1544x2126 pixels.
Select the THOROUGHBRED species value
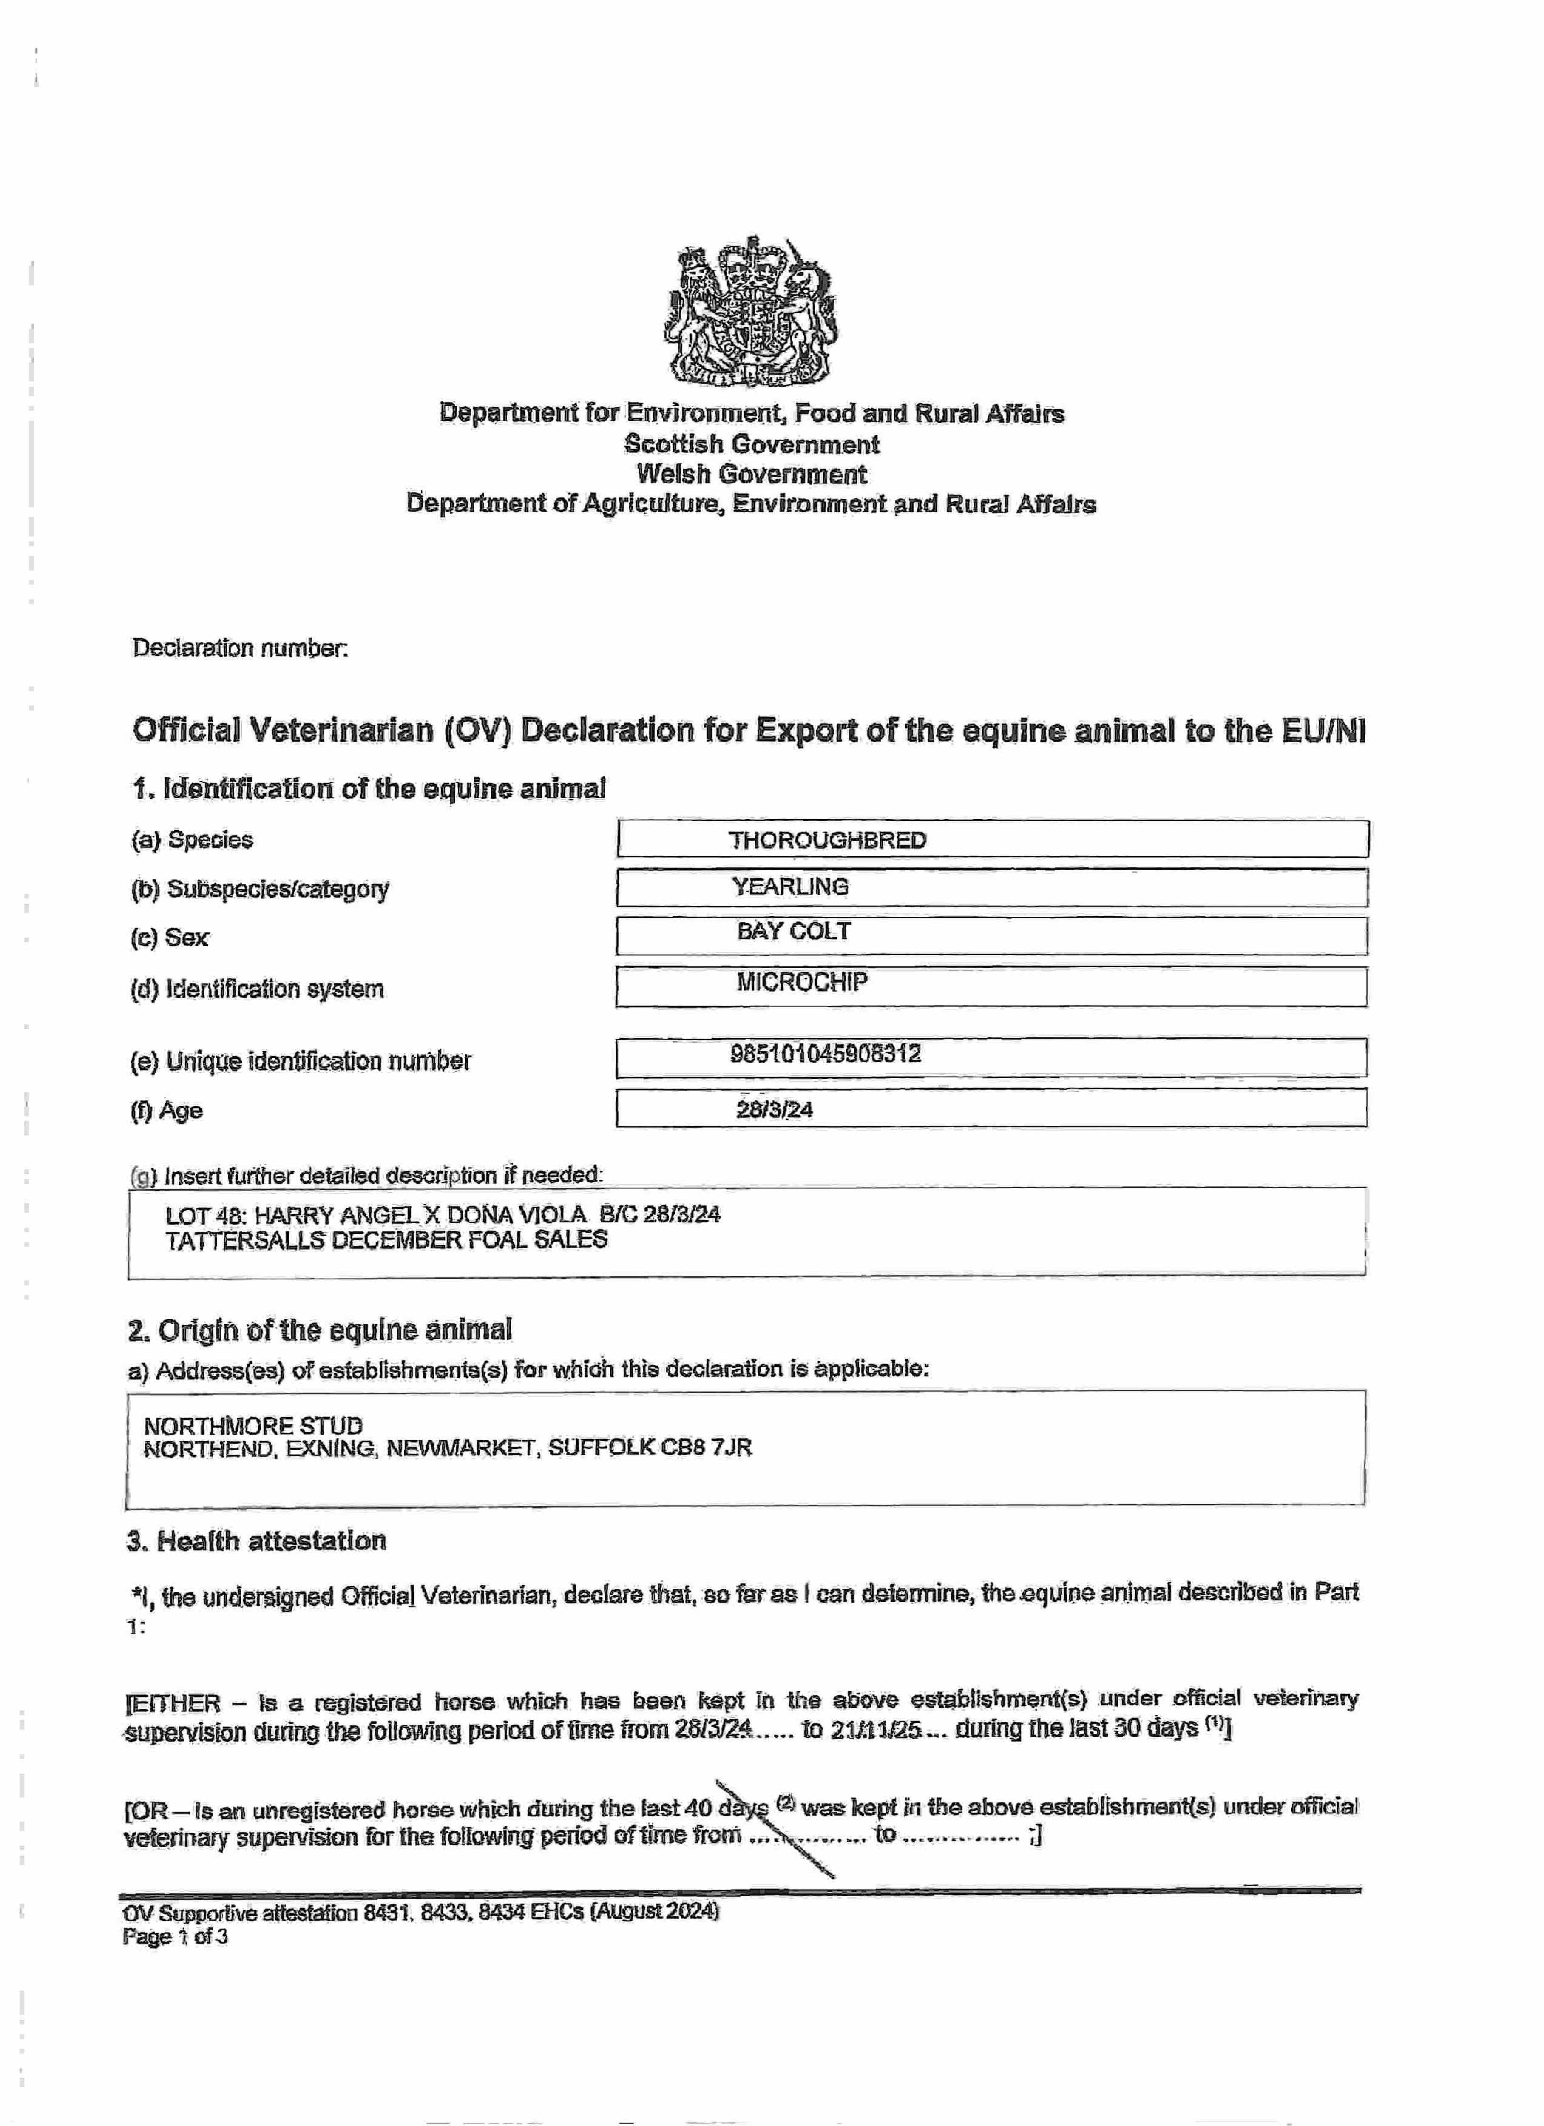[x=827, y=840]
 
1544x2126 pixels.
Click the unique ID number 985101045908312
[x=825, y=1054]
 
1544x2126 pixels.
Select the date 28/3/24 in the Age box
[x=775, y=1110]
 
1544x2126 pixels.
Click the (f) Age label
[x=167, y=1111]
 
